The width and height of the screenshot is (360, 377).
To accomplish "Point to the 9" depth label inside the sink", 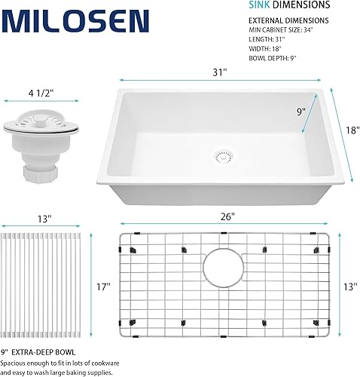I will coord(301,112).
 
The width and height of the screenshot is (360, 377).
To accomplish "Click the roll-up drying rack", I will coord(42,287).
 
